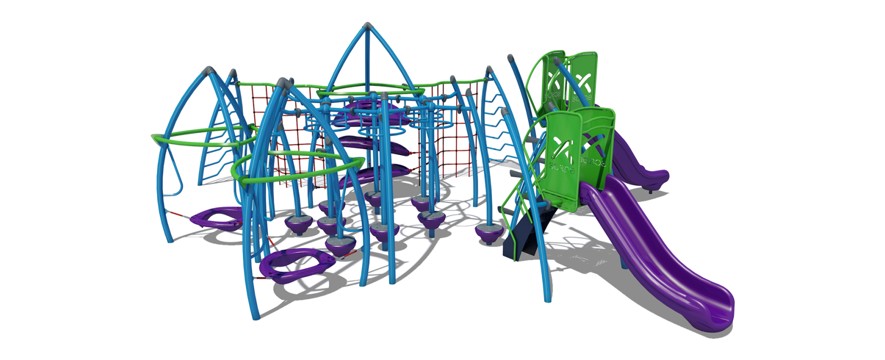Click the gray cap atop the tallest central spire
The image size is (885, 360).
point(368,25)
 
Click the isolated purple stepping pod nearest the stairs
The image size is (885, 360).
point(486,232)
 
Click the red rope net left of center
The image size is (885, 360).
point(288,154)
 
